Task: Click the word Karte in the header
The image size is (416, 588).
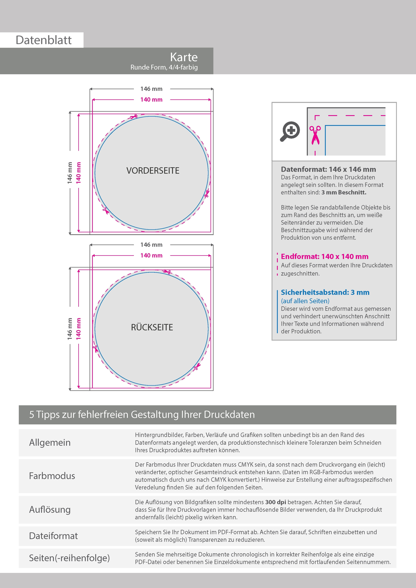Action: pos(184,57)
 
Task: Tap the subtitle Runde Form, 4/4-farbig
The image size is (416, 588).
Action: pos(164,67)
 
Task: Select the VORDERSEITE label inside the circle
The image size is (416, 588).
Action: pos(153,171)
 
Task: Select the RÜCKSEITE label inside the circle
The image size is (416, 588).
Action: pos(152,327)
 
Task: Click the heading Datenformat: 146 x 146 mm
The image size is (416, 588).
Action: pos(328,169)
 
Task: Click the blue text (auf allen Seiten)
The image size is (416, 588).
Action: pos(305,301)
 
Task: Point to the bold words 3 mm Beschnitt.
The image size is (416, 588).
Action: pos(344,192)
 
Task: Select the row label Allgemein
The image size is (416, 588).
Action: pos(50,443)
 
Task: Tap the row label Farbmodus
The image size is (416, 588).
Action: pos(52,476)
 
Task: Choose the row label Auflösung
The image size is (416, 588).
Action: pos(50,509)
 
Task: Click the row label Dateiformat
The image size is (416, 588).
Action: pos(53,536)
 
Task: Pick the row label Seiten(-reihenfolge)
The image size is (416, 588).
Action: pos(69,558)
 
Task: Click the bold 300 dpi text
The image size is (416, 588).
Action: pos(276,502)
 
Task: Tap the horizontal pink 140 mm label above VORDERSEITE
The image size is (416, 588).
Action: pos(151,100)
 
